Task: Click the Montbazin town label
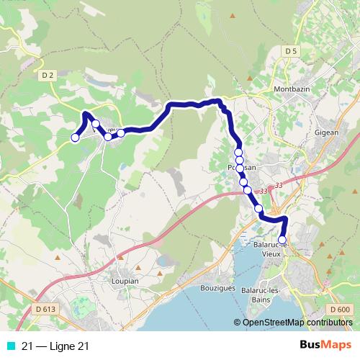pos(292,89)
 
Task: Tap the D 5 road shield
pos(290,50)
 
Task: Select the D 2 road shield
pos(48,74)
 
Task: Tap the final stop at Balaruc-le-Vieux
pos(282,240)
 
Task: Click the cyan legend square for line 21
pos(10,346)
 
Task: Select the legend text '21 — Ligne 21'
pos(56,346)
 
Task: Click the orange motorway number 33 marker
pos(263,191)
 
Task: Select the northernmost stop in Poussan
pos(238,153)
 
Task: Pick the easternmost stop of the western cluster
pos(121,132)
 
